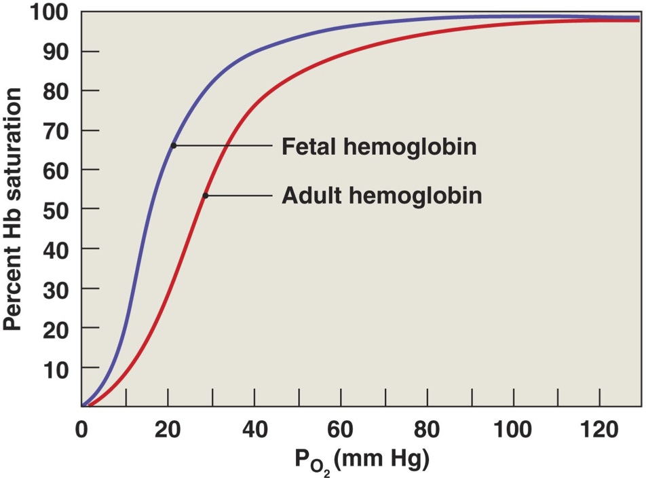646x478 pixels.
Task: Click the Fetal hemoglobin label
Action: tap(379, 147)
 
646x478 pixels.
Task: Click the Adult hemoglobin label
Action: tap(381, 196)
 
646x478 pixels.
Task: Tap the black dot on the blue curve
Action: tap(174, 145)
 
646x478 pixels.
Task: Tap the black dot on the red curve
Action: tap(205, 196)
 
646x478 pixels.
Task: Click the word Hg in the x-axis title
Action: tap(408, 461)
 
